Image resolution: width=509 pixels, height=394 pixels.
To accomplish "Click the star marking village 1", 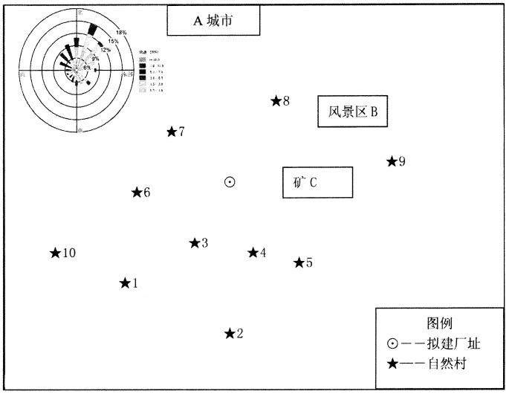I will pos(125,283).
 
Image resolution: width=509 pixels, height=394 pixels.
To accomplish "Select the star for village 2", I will pos(230,334).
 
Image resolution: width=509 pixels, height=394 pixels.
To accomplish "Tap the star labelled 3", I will pos(195,243).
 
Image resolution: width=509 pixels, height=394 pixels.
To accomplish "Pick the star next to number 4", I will pos(253,253).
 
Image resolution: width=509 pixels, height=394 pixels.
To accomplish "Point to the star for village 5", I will pos(299,262).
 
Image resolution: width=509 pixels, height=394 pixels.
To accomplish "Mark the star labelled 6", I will pos(137,193).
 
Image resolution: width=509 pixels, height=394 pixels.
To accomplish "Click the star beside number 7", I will pos(172,132).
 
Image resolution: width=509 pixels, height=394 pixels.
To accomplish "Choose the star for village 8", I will pos(276,100).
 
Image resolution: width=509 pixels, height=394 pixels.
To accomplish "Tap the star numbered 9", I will pos(392,161).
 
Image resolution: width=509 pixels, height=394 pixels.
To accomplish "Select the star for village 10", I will pos(55,253).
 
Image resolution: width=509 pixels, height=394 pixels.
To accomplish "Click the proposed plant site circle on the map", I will pos(230,181).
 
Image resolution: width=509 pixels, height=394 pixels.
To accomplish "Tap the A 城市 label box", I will pos(213,21).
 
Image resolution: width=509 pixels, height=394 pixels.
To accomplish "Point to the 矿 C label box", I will pos(317,182).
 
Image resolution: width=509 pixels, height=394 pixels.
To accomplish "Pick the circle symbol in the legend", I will pos(392,343).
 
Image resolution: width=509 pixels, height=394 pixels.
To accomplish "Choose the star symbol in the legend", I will pos(392,364).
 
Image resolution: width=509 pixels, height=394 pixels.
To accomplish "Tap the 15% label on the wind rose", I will pos(113,42).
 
